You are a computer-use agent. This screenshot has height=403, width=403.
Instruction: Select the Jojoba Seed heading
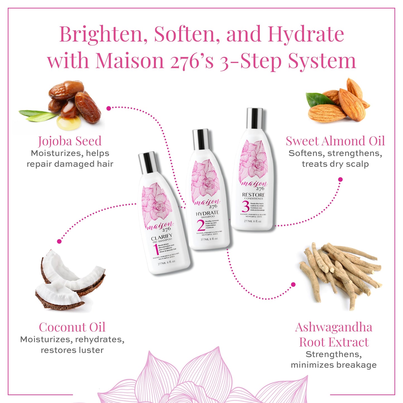coord(70,141)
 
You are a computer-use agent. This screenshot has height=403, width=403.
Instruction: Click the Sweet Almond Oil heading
coord(335,141)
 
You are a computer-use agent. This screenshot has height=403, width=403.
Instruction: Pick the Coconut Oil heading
coord(72,327)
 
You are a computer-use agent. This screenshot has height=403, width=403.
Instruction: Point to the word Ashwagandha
coord(334,327)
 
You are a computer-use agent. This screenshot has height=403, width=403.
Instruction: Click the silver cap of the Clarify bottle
coord(148,163)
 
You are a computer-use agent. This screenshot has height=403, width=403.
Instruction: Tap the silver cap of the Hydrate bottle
coord(201,139)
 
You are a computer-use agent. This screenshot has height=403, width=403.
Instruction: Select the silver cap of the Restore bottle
coord(254,118)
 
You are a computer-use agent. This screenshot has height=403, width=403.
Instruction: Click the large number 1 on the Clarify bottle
coord(155,250)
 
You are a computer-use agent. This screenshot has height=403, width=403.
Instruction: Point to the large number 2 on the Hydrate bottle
coord(201,225)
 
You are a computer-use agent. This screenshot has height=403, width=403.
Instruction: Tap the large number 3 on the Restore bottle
coord(245,207)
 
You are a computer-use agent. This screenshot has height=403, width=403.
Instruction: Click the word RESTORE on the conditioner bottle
coord(253,195)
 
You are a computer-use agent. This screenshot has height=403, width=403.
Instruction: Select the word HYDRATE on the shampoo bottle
coord(207,213)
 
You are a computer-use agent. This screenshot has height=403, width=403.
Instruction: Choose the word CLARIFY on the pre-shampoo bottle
coord(161,237)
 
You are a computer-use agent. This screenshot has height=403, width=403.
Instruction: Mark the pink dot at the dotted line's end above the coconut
coord(59,241)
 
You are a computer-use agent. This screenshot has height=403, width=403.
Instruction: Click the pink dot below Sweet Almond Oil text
coord(340,180)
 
